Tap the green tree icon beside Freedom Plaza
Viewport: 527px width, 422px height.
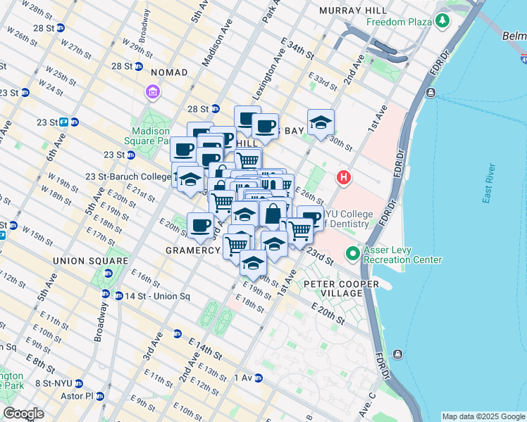click(x=442, y=22)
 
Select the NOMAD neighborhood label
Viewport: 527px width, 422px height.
click(x=163, y=72)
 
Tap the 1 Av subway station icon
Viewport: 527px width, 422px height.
click(x=258, y=378)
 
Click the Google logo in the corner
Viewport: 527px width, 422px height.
click(x=23, y=413)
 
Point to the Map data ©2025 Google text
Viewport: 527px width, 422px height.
click(x=483, y=416)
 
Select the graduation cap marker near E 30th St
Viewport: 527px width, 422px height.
click(x=321, y=122)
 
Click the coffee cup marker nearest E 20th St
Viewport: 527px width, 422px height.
click(x=201, y=224)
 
